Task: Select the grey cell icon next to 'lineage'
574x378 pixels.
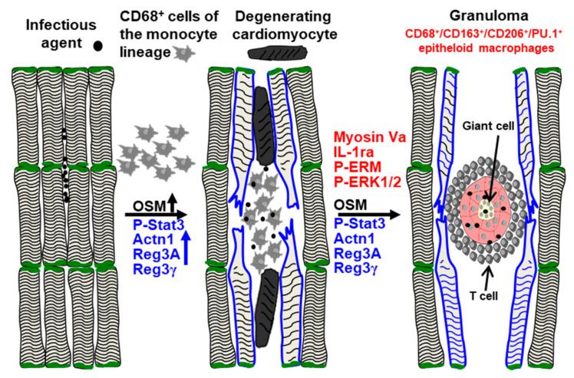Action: [x=184, y=51]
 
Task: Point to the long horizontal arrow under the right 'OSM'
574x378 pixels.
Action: [x=369, y=213]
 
